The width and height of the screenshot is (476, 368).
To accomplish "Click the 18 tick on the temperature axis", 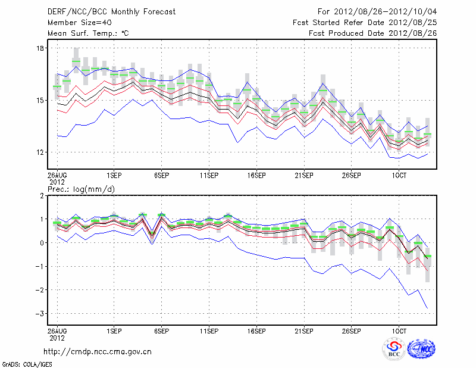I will [41, 48].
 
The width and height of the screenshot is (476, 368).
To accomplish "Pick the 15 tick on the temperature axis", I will [41, 100].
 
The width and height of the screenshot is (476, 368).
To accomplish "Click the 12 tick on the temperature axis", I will [41, 152].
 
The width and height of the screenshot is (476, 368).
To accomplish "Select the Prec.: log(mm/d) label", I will [84, 189].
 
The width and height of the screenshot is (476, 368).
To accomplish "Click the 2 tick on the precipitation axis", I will [42, 195].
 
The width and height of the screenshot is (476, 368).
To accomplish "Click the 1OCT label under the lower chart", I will [399, 329].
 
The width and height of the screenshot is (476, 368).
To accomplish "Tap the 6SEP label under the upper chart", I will [161, 176].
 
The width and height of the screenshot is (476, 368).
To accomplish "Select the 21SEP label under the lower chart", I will [304, 329].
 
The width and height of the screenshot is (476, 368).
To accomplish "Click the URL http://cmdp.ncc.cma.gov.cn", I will [98, 351].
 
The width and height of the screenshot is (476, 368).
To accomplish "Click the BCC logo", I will [394, 350].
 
